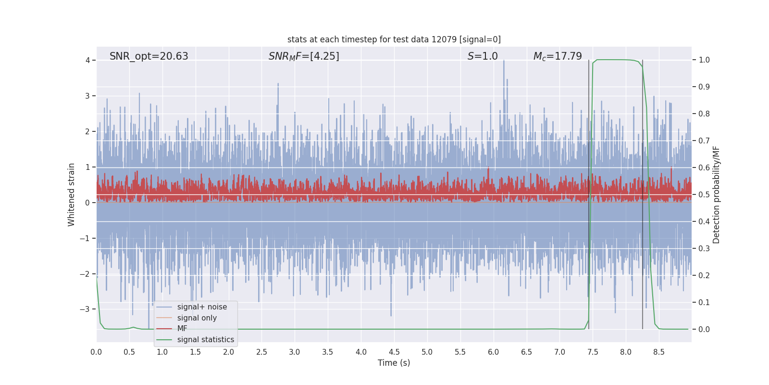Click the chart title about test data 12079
click(394, 39)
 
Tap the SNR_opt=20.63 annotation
click(149, 56)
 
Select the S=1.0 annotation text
click(483, 56)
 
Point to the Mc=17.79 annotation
click(558, 56)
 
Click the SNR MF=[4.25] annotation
click(304, 56)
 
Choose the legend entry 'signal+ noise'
click(202, 307)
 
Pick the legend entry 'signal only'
click(197, 318)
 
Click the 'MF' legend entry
click(182, 329)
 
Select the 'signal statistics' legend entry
click(205, 340)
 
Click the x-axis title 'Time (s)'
click(394, 363)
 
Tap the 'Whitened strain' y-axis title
click(72, 194)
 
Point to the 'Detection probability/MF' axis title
click(716, 194)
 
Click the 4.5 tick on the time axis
click(394, 352)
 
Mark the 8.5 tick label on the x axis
click(659, 352)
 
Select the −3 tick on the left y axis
click(85, 309)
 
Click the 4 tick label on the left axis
click(87, 60)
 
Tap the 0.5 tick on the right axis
click(704, 195)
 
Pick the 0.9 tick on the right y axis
click(704, 87)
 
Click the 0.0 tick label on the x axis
click(96, 352)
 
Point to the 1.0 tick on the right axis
click(704, 60)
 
